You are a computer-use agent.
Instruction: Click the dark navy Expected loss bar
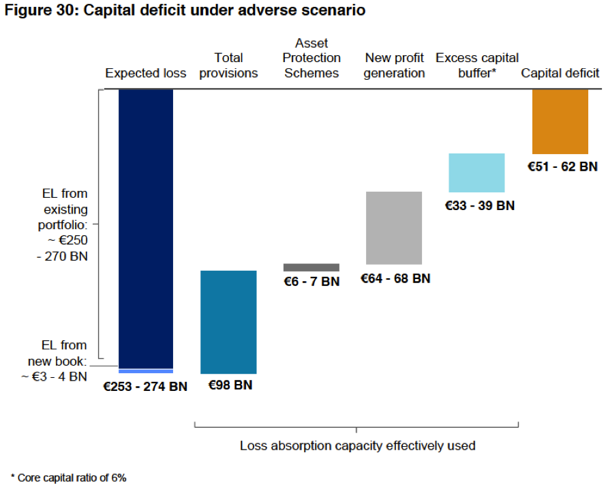pyautogui.click(x=146, y=229)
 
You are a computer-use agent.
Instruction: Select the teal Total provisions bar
pyautogui.click(x=228, y=322)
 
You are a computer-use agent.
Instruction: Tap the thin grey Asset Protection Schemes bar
pyautogui.click(x=311, y=267)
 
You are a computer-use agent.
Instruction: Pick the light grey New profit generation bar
pyautogui.click(x=394, y=228)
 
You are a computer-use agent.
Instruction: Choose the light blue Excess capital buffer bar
pyautogui.click(x=476, y=173)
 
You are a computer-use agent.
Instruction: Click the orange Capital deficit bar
pyautogui.click(x=560, y=121)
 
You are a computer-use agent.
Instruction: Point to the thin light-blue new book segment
pyautogui.click(x=146, y=371)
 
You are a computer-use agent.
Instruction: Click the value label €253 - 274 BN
pyautogui.click(x=145, y=386)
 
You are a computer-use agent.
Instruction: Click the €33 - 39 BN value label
pyautogui.click(x=480, y=205)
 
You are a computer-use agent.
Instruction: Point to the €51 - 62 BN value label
pyautogui.click(x=563, y=166)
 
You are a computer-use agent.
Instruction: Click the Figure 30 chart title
pyautogui.click(x=185, y=11)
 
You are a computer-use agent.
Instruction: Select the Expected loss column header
pyautogui.click(x=146, y=74)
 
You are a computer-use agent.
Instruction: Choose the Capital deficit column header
pyautogui.click(x=560, y=74)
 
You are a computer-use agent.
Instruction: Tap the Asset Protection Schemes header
pyautogui.click(x=311, y=58)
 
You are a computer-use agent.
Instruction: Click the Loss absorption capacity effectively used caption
pyautogui.click(x=357, y=446)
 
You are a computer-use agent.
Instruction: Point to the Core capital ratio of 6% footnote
pyautogui.click(x=68, y=477)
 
